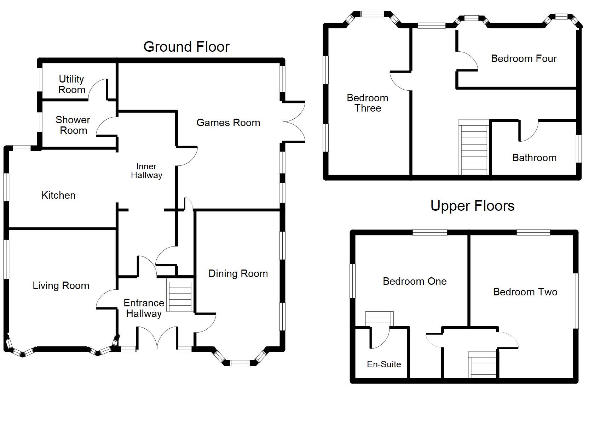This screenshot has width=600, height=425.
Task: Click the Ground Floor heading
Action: tap(186, 47)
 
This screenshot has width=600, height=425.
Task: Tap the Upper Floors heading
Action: tap(472, 206)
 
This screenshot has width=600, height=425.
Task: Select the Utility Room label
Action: tap(71, 84)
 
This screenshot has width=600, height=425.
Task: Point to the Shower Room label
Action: tap(73, 125)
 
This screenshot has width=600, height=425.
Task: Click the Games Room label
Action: tap(228, 123)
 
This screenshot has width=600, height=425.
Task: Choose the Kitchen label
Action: tap(58, 195)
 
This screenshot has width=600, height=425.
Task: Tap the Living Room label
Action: tap(61, 285)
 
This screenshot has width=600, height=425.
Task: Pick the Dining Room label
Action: tap(238, 273)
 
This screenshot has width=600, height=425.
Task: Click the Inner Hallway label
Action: tap(146, 171)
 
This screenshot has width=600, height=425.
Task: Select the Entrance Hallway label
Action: tap(144, 308)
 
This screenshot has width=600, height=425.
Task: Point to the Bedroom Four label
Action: tap(524, 58)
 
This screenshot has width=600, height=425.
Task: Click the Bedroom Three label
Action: tap(368, 103)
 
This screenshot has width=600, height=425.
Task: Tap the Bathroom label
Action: tap(534, 158)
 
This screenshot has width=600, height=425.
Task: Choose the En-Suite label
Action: tap(384, 364)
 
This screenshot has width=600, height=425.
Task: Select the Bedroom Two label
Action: tap(525, 292)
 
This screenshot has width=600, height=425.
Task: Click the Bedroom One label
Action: tap(415, 281)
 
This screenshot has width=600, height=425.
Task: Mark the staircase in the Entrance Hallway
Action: tap(180, 295)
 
